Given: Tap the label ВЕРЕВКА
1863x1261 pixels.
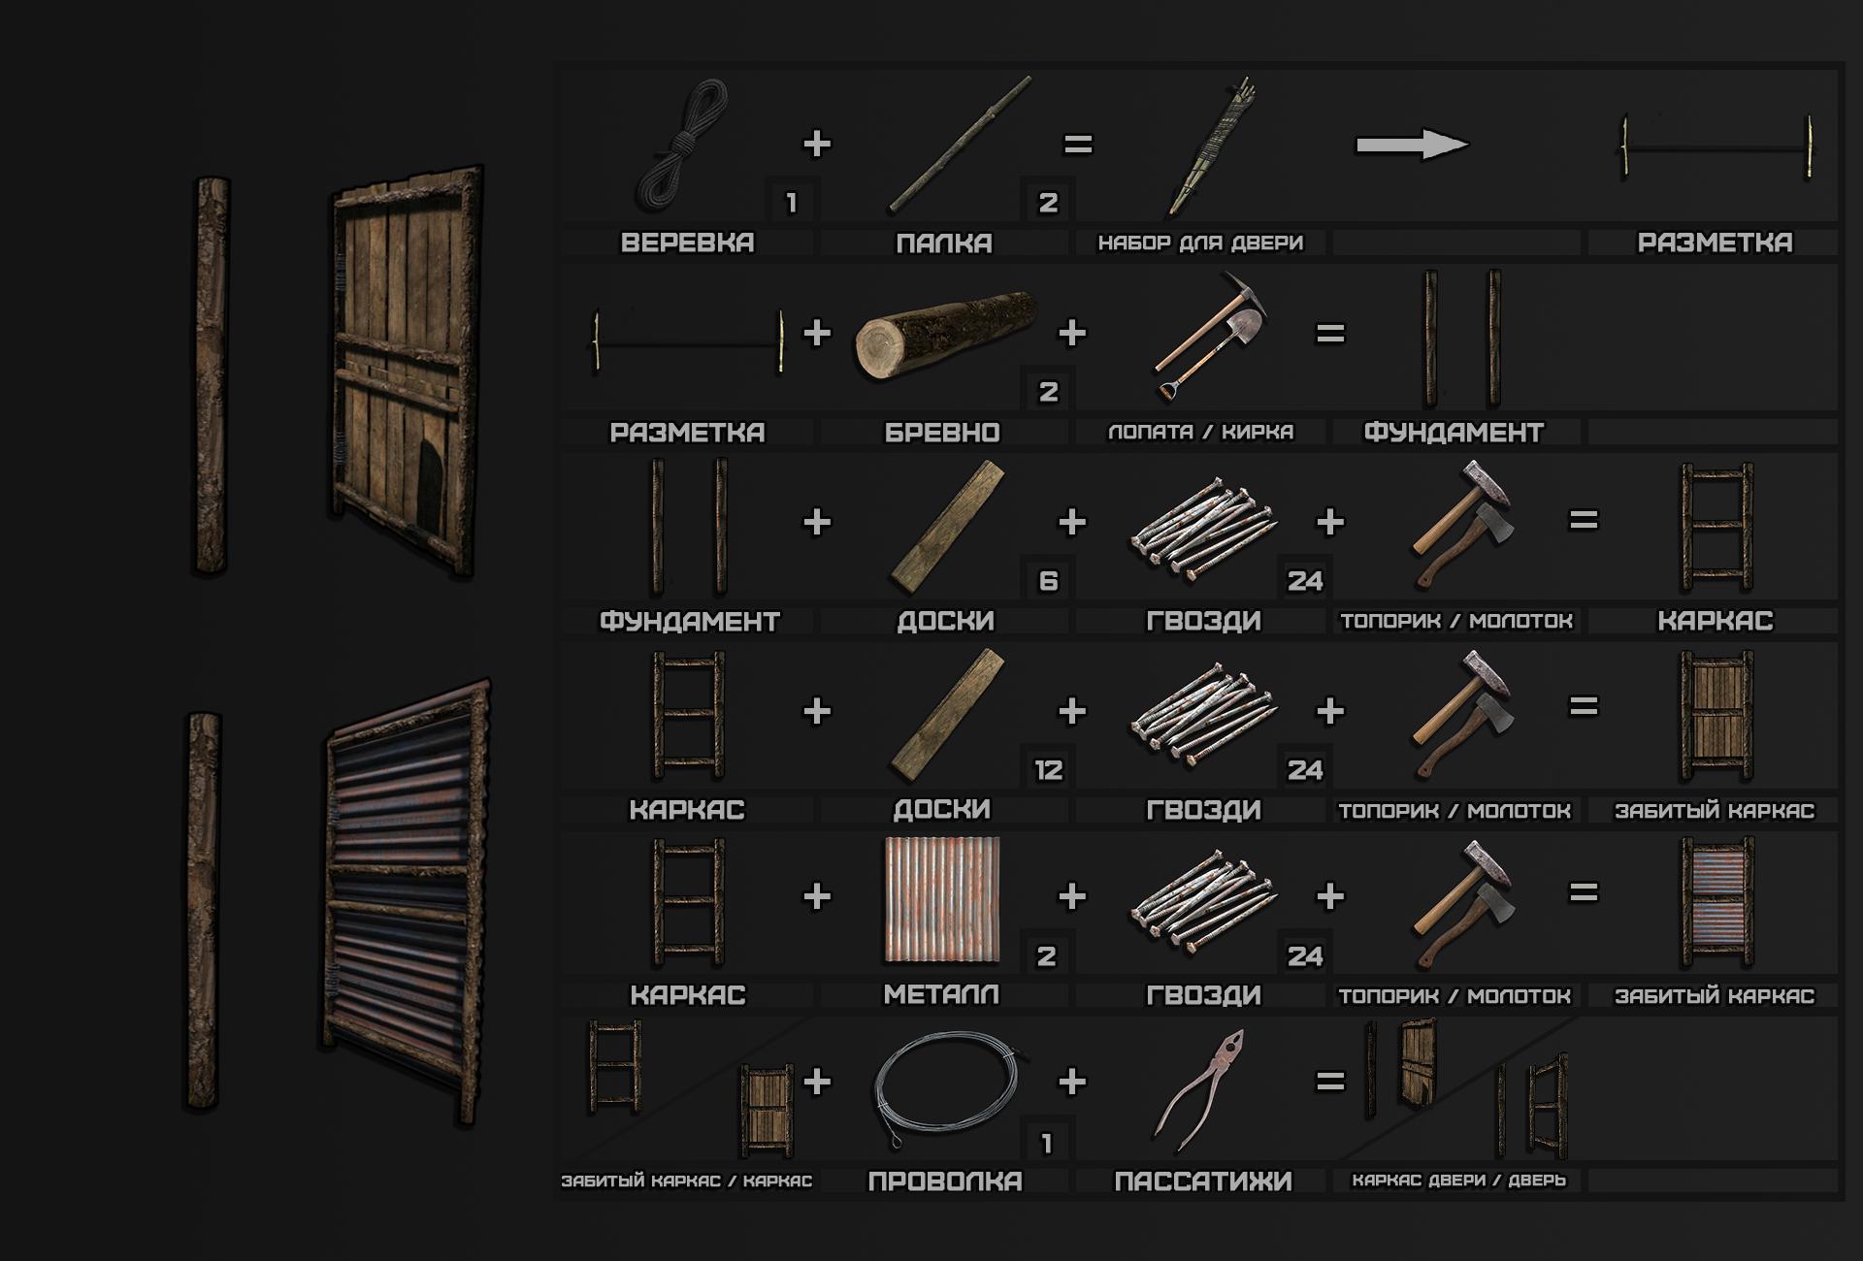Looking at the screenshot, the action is [x=687, y=242].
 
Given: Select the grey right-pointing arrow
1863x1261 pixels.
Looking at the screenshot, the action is [x=1412, y=145].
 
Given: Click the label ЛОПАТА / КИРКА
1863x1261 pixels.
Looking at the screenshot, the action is [x=1201, y=432].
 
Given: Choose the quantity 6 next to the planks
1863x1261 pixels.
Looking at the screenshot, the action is [x=1048, y=580].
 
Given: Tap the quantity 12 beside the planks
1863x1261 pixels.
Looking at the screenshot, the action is [x=1048, y=770].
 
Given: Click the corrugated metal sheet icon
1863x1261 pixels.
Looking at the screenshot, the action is [x=942, y=900].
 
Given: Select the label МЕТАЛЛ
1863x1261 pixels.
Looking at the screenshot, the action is [x=941, y=994].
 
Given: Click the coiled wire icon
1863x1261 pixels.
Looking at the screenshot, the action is [x=946, y=1089].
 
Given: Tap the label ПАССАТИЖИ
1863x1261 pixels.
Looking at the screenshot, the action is [x=1203, y=1181].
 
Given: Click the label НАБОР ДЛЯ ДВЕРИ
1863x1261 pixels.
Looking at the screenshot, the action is [x=1201, y=242].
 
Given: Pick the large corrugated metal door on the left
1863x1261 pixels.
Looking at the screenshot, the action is [x=406, y=902].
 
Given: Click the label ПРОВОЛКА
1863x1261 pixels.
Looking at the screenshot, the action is [x=945, y=1181].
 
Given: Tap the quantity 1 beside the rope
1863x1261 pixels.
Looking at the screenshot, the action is [x=792, y=203].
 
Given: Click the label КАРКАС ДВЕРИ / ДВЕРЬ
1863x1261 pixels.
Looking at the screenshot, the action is [x=1459, y=1180].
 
